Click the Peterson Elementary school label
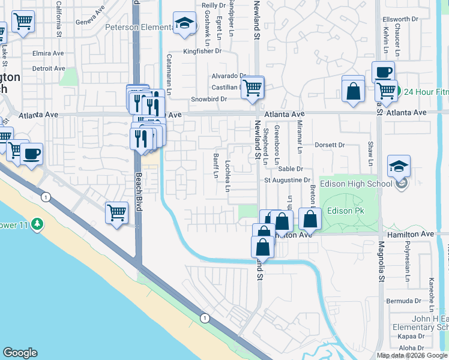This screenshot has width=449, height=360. click(x=135, y=27)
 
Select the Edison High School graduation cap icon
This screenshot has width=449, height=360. click(x=399, y=166)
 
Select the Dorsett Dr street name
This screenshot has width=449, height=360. click(x=330, y=145)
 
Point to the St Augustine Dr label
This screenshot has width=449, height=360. click(x=288, y=180)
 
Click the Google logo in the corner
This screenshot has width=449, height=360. click(x=20, y=353)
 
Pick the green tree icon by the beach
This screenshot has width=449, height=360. click(x=37, y=224)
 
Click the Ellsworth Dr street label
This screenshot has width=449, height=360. click(x=400, y=19)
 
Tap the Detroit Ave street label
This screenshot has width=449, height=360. click(x=49, y=68)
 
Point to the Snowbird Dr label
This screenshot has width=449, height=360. click(x=209, y=99)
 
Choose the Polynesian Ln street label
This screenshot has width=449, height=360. click(x=406, y=262)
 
